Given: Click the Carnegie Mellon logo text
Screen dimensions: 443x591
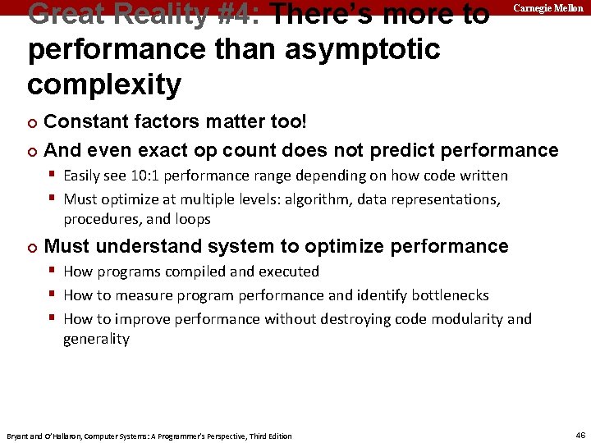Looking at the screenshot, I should (x=548, y=8).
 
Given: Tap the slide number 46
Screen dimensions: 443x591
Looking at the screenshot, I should (x=580, y=435).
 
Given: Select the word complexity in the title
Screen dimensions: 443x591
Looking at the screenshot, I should (x=104, y=84).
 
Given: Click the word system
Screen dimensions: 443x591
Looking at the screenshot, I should (x=261, y=246).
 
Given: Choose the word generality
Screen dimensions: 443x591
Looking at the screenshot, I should (x=96, y=339).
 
